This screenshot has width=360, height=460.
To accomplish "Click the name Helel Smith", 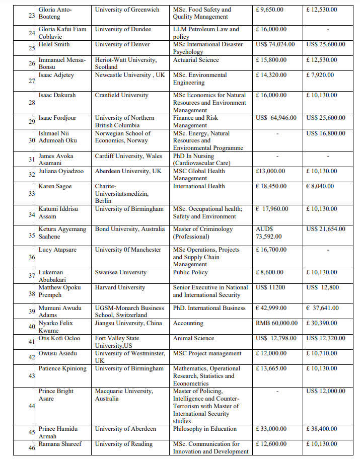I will tap(54, 44).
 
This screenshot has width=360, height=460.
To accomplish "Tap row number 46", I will tap(31, 447).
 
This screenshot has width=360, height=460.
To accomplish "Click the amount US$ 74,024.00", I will tap(275, 44).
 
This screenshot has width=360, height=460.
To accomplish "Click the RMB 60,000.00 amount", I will tap(276, 323).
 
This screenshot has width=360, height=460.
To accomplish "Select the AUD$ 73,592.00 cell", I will tap(269, 233).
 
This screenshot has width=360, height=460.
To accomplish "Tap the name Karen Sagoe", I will tap(55, 186).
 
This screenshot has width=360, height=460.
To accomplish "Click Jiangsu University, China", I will tap(128, 323).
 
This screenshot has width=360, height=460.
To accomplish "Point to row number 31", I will tap(31, 160).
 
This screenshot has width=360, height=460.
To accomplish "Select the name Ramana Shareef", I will tap(60, 444).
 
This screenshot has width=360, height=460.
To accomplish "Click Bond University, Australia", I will tap(130, 229).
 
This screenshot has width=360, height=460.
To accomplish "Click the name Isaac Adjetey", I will tap(56, 75).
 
